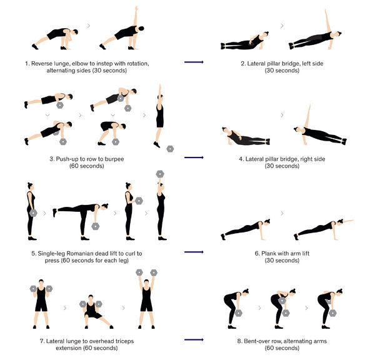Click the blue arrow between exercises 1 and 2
click(194, 62)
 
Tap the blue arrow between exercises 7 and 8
click(194, 340)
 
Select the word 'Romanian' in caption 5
click(78, 254)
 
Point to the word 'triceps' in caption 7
click(124, 341)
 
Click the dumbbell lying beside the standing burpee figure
click(170, 149)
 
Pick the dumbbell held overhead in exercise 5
click(160, 174)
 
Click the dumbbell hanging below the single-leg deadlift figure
click(96, 226)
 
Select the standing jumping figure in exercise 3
click(159, 116)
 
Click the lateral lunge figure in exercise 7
click(95, 312)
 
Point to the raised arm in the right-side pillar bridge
click(307, 116)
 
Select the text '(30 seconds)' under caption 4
click(282, 166)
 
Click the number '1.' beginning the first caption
click(27, 64)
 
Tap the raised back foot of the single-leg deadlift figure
click(55, 212)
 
